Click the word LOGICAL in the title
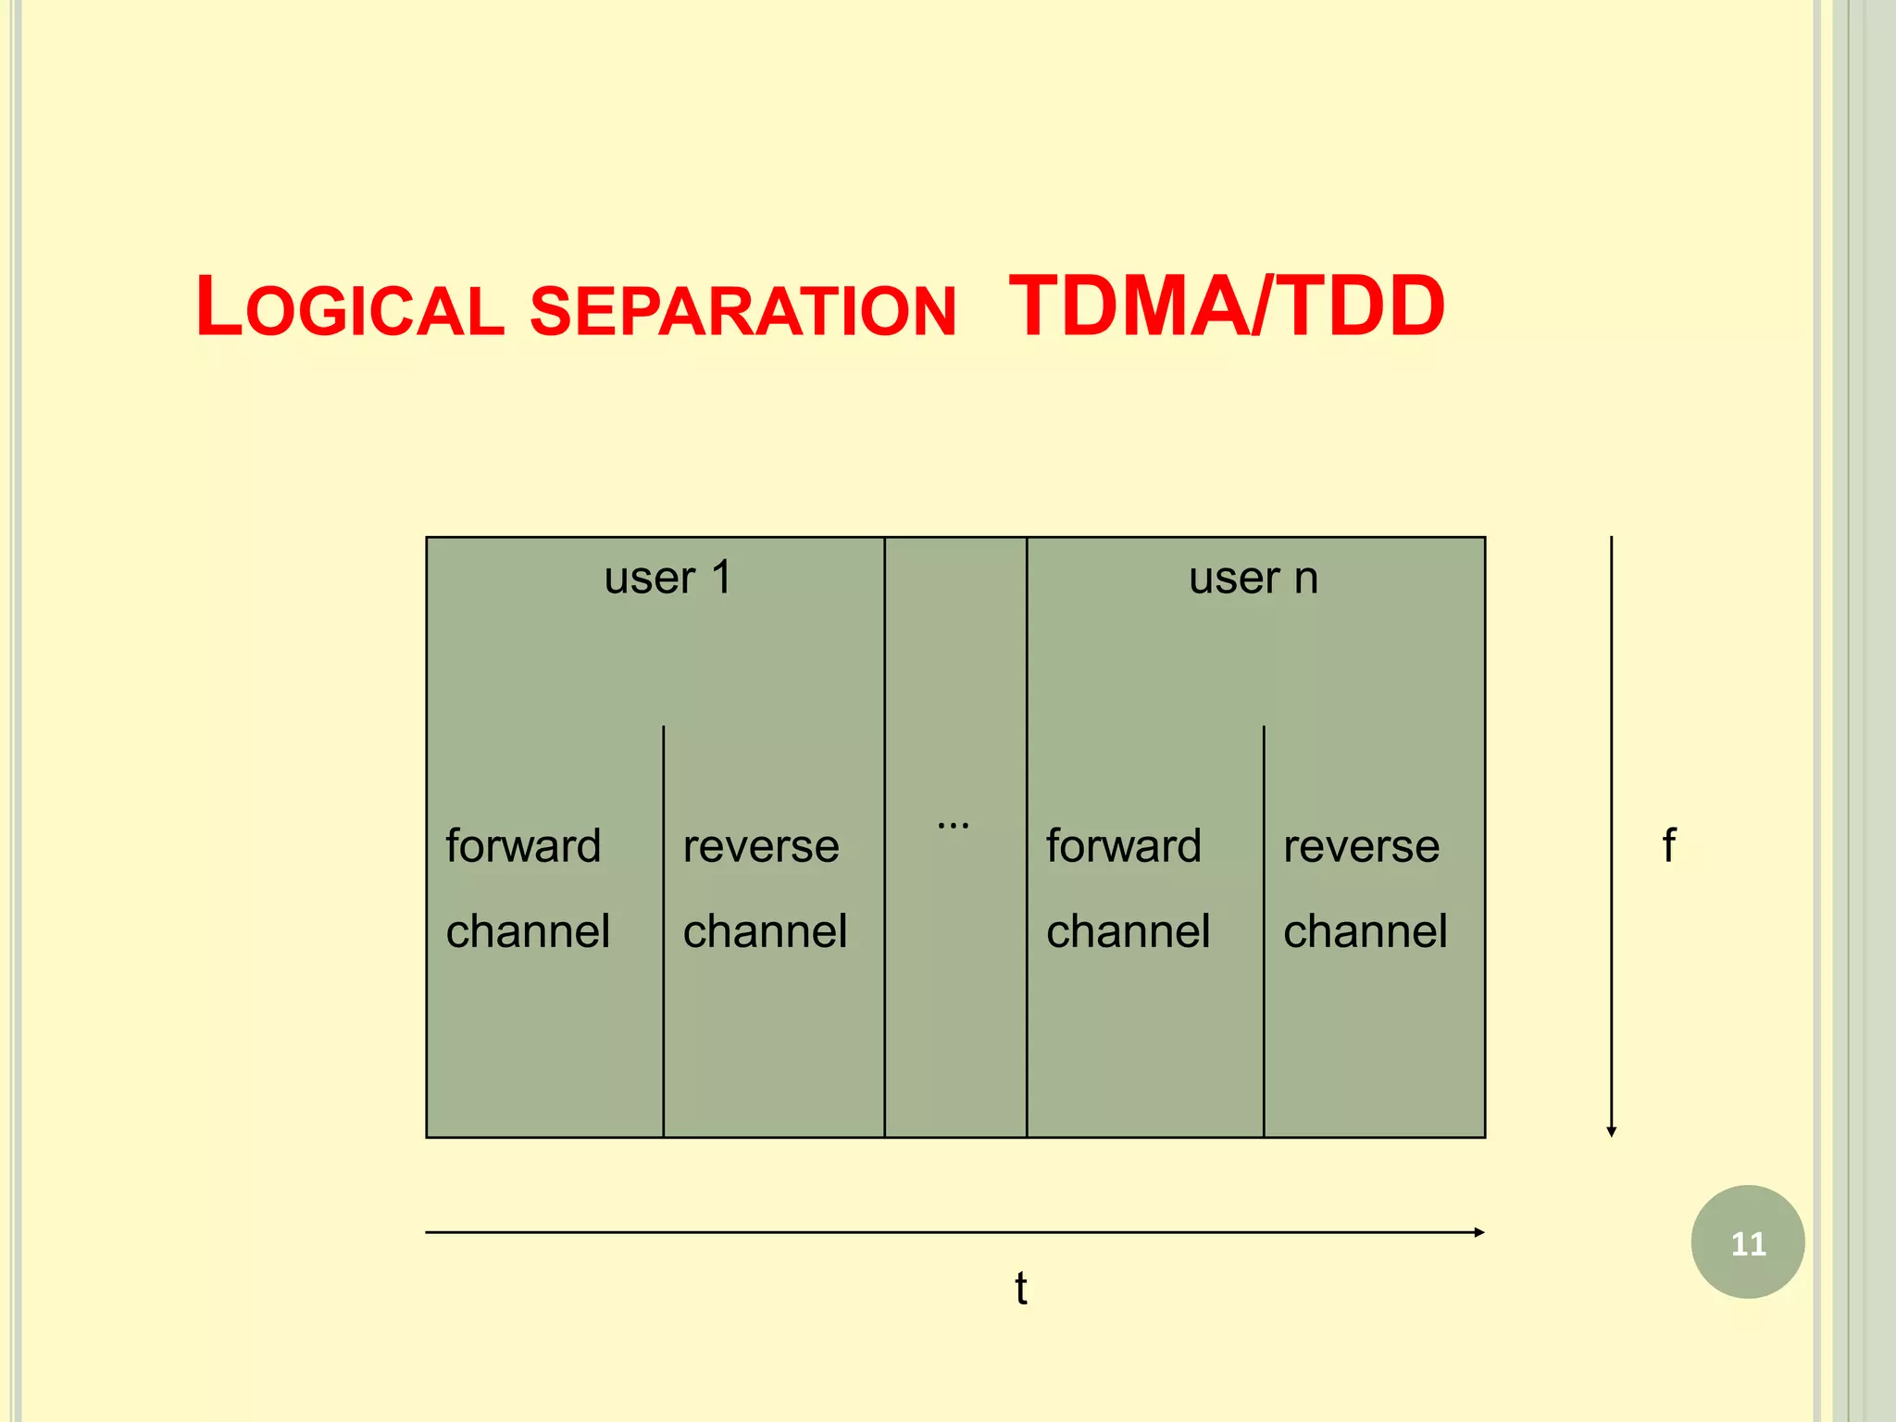(350, 307)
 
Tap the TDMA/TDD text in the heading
(1226, 306)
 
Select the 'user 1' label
(667, 578)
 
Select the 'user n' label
(1253, 578)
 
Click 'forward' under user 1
(523, 845)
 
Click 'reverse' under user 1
(761, 846)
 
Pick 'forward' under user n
(1123, 845)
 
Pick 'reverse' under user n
(1361, 846)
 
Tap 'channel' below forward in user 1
(528, 930)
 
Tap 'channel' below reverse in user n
(1365, 930)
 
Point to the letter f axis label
(1668, 844)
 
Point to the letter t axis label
(1020, 1288)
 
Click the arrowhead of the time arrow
(1479, 1232)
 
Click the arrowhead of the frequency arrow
(1611, 1131)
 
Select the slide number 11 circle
(1747, 1241)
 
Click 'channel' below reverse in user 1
(765, 930)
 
